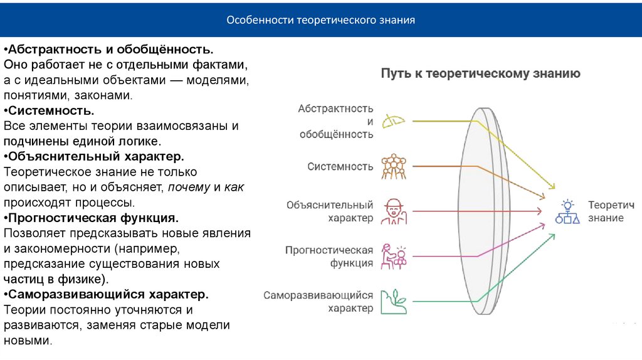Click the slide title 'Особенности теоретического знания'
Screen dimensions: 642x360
[x=320, y=20]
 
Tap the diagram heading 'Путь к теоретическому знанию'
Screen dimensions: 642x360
[x=480, y=73]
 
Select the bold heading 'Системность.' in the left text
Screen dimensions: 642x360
[x=50, y=110]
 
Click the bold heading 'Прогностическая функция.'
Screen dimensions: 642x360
[x=92, y=218]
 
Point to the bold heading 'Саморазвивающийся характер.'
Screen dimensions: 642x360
[x=106, y=295]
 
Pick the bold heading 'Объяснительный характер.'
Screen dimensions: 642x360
[x=94, y=156]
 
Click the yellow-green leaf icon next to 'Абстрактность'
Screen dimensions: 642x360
[x=395, y=120]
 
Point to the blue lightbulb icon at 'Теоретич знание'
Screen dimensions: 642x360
[x=567, y=211]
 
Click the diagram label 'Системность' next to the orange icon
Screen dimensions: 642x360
[x=340, y=167]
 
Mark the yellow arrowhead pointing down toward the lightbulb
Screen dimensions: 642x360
[x=552, y=186]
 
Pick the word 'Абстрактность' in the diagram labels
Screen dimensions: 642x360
[x=336, y=109]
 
